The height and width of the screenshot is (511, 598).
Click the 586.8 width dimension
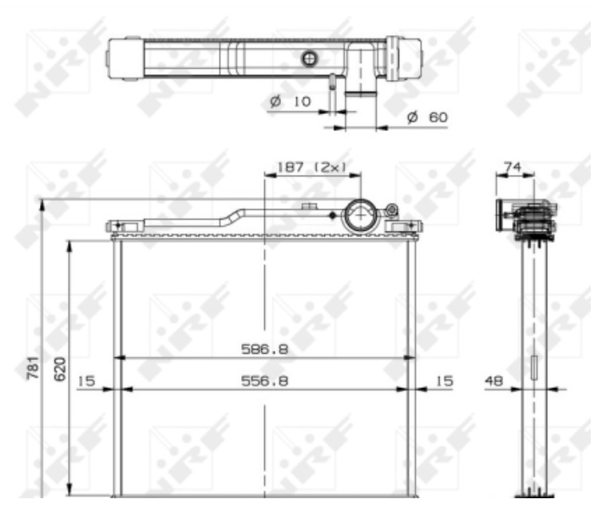point(264,348)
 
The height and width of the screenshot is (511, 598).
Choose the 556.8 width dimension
point(264,381)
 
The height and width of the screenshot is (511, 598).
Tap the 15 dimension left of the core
point(87,381)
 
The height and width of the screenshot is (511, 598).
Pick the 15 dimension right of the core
point(445,381)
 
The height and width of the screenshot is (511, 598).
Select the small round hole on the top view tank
point(309,57)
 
